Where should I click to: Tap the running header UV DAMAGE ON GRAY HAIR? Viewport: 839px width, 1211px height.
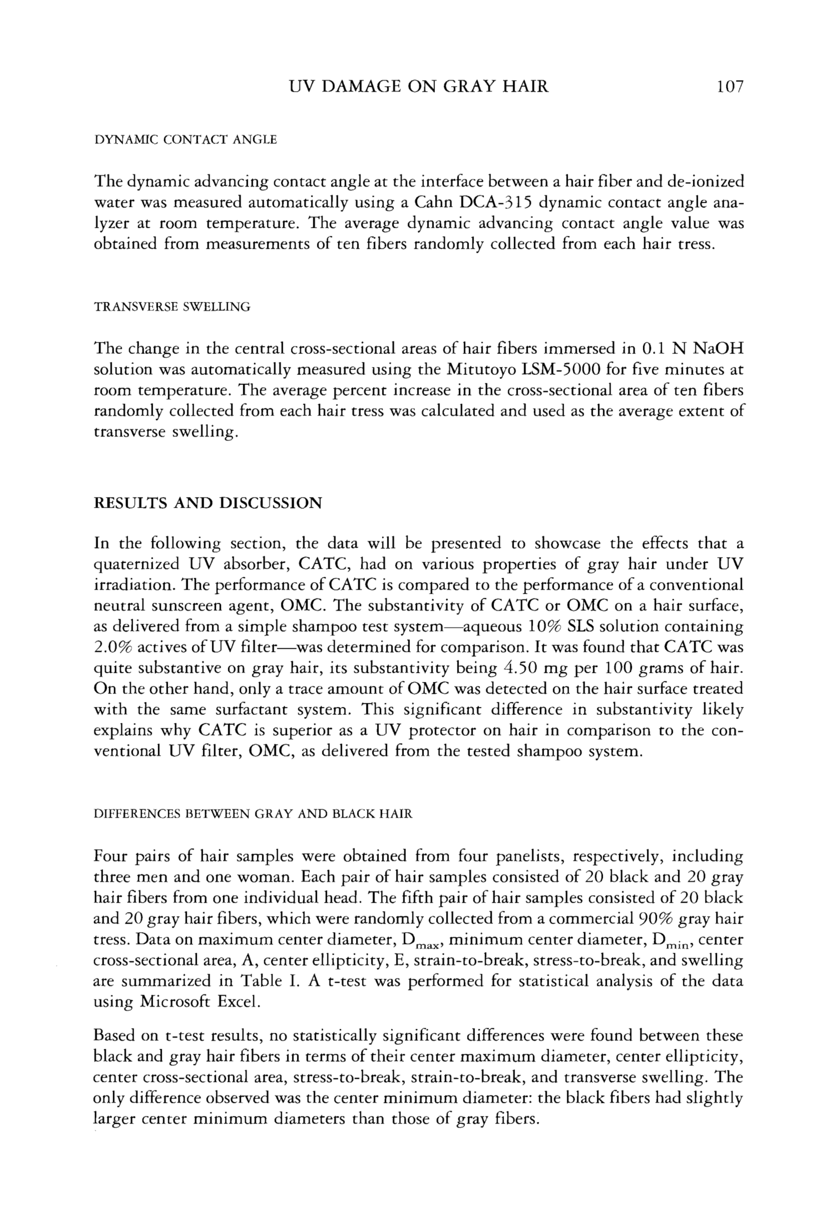click(x=419, y=86)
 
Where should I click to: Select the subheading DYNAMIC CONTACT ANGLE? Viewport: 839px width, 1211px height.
click(x=185, y=140)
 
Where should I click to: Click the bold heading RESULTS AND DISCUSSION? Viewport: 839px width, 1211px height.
click(x=208, y=503)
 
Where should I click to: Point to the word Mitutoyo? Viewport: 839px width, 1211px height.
click(x=479, y=369)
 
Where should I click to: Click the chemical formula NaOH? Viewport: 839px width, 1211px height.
click(x=719, y=348)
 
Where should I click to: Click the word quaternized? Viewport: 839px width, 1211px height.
click(x=136, y=564)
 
